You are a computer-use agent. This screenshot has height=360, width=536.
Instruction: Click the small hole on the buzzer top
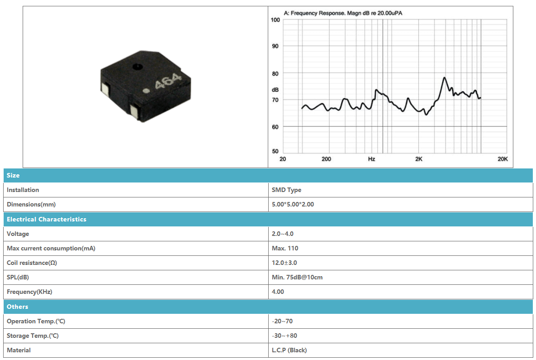tap(138, 66)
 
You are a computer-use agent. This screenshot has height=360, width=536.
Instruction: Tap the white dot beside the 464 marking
tap(146, 91)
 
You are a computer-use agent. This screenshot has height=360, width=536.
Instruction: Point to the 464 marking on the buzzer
tap(168, 81)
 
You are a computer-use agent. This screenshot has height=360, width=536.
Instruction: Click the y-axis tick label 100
tap(275, 20)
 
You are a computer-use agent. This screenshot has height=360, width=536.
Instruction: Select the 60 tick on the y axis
tap(275, 127)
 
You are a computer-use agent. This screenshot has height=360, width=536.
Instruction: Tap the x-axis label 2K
tap(419, 159)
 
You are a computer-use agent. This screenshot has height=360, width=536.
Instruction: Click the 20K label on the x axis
tap(502, 159)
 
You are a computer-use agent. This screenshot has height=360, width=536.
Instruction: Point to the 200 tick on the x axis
tap(327, 159)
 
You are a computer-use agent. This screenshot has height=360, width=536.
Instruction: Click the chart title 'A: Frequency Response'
tap(314, 13)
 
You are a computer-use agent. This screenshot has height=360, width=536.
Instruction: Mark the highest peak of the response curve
tap(444, 78)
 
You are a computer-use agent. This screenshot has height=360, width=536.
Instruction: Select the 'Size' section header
tap(13, 175)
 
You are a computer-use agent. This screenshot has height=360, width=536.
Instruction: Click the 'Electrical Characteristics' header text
tap(47, 219)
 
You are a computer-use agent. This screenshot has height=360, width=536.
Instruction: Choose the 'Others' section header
tap(17, 307)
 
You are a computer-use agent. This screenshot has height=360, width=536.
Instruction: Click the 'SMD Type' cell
tap(286, 190)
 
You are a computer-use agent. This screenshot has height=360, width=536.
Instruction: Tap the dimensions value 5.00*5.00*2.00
tap(293, 204)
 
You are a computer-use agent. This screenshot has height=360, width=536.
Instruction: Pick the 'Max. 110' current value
tap(285, 248)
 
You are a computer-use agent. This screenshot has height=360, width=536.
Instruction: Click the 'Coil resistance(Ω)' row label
tap(32, 263)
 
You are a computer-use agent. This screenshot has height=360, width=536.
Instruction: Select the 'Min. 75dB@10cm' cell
tap(297, 277)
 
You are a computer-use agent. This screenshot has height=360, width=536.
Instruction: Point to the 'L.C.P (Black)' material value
tap(289, 350)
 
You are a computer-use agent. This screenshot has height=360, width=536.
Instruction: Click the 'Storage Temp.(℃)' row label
tap(33, 336)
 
